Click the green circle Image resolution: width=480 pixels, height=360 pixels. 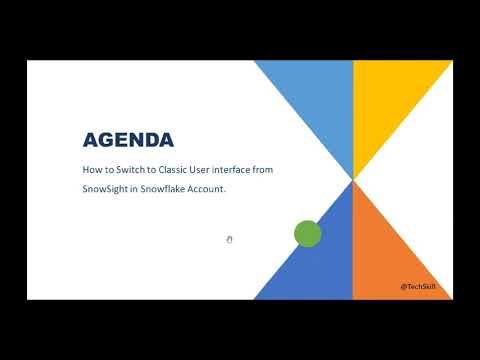(307, 234)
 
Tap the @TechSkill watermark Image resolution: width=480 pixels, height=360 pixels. (417, 286)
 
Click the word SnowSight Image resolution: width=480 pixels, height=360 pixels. (107, 190)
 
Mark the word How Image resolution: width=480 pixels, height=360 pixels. (91, 170)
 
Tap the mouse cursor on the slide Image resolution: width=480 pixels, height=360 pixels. (229, 239)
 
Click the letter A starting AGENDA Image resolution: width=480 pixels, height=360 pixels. (90, 139)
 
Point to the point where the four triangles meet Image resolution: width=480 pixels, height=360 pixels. (353, 180)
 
